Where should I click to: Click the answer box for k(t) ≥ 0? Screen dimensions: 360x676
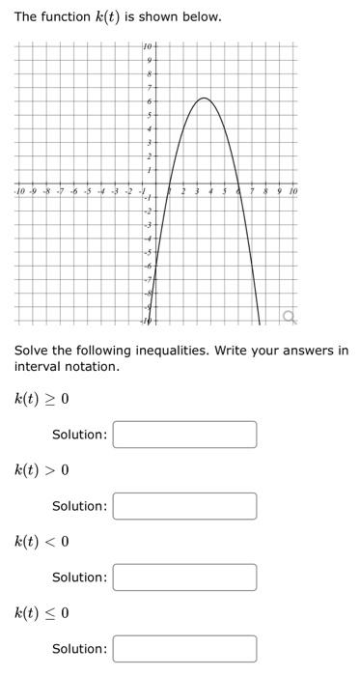[x=185, y=435]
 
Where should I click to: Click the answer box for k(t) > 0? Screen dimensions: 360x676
[x=185, y=506]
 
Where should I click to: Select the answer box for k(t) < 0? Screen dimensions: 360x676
[x=185, y=577]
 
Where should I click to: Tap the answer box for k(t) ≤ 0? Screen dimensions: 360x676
[x=185, y=648]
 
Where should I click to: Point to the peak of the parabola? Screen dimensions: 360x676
[x=204, y=99]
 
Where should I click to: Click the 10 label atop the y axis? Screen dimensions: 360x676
[x=147, y=46]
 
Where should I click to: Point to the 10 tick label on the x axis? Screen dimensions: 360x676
[x=293, y=191]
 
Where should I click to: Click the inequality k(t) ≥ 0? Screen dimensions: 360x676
[x=42, y=399]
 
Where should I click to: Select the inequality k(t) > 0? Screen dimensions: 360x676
[x=42, y=470]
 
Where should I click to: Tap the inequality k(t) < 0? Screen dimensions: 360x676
[x=42, y=542]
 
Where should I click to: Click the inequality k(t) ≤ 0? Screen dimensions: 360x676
[x=42, y=612]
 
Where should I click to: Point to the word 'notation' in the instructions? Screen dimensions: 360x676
[x=92, y=367]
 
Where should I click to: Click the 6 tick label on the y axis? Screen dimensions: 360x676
[x=148, y=101]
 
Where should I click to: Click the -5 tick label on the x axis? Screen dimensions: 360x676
[x=87, y=191]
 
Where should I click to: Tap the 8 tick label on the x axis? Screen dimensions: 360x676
[x=266, y=191]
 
